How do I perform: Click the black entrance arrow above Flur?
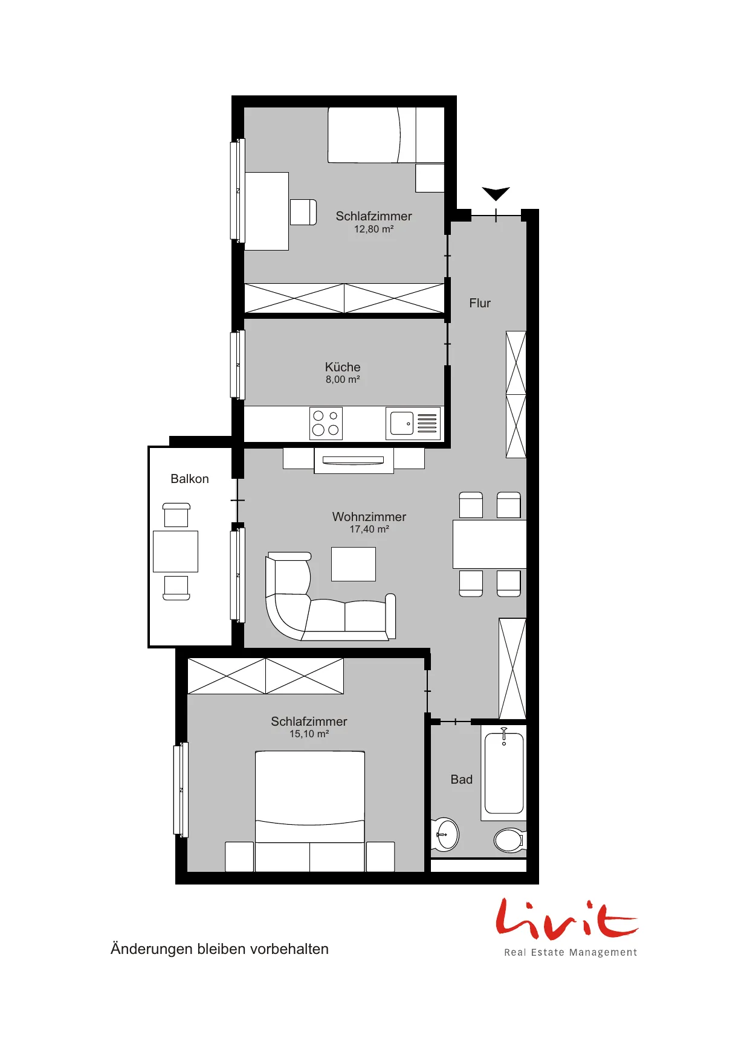click(x=496, y=193)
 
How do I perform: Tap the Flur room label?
click(x=480, y=303)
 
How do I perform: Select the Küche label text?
click(x=343, y=367)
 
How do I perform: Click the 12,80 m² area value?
click(x=374, y=229)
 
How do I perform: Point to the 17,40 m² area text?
click(x=369, y=529)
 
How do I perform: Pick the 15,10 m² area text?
click(x=309, y=734)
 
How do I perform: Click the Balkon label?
click(x=190, y=479)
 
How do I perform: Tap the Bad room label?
click(x=462, y=779)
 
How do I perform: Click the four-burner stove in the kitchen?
click(x=326, y=423)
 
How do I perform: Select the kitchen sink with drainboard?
click(x=413, y=423)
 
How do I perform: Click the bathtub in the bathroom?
click(x=504, y=772)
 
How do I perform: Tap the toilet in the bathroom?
click(x=510, y=840)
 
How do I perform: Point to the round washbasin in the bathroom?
click(x=447, y=834)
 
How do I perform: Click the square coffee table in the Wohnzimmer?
click(x=354, y=564)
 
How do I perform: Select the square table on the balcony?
click(x=175, y=551)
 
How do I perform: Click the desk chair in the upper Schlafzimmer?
click(x=303, y=212)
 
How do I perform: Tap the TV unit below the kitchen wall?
click(x=354, y=460)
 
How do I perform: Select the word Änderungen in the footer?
click(x=151, y=949)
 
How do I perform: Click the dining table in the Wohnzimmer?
click(x=490, y=544)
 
